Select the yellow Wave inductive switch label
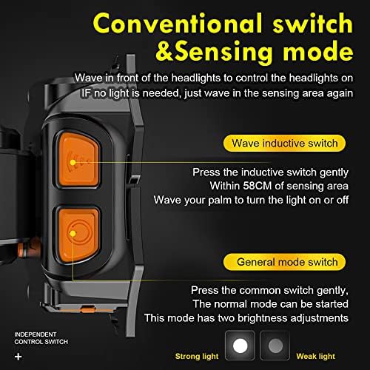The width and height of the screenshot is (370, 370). pyautogui.click(x=284, y=143)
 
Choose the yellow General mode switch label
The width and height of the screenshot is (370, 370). pyautogui.click(x=287, y=262)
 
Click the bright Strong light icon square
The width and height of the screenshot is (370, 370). pyautogui.click(x=239, y=346)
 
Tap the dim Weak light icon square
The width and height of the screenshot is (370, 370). pyautogui.click(x=274, y=346)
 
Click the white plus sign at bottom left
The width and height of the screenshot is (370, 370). pyautogui.click(x=18, y=357)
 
